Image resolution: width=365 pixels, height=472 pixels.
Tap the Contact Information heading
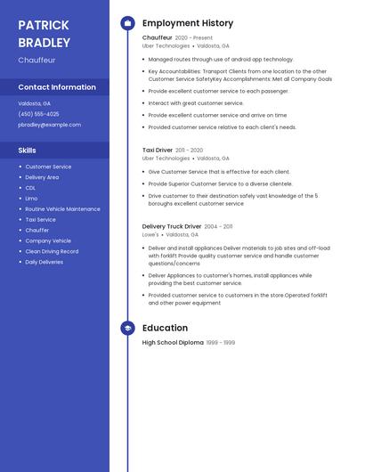coord(57,87)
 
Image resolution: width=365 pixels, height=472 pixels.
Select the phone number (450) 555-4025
coord(38,114)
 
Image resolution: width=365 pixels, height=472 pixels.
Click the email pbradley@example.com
coord(49,125)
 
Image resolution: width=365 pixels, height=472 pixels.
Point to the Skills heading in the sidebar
coord(28,151)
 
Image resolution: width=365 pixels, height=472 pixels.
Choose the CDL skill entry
coord(30,188)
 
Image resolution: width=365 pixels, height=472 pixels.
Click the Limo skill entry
coord(31,199)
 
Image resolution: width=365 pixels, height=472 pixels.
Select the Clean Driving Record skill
coord(52,251)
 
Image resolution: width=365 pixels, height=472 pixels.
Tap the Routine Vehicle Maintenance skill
coord(62,209)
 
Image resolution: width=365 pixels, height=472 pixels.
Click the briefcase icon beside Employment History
coord(127,23)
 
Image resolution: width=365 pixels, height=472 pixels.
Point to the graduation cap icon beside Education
coord(127,328)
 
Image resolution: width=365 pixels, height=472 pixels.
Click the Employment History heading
coord(188,23)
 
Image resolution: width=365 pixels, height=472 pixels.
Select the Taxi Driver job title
coord(158,151)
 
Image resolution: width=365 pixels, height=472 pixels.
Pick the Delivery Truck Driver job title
coord(172,226)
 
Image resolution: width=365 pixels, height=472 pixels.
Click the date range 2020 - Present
coord(194,38)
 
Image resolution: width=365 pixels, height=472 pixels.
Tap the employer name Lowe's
coord(150,235)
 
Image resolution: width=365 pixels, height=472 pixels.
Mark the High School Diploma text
coord(173,343)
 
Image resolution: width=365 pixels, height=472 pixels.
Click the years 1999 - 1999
coord(221,343)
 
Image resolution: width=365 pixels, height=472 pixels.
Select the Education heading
coord(165,328)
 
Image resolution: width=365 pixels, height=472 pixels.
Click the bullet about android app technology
coord(221,59)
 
